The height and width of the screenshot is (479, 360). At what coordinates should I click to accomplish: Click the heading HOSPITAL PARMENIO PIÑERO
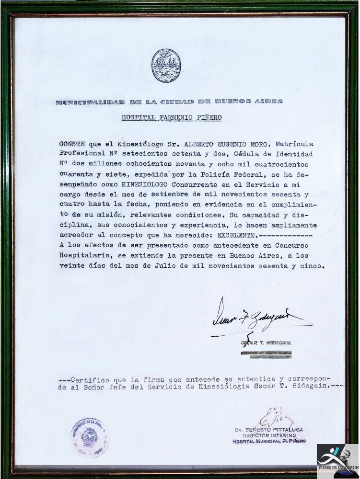(171, 118)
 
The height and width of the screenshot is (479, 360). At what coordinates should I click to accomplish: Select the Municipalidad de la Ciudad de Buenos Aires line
(169, 102)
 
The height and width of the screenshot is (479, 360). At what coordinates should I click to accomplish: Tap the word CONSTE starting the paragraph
(71, 143)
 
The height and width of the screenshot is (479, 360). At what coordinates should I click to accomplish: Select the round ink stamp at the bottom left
(90, 437)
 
